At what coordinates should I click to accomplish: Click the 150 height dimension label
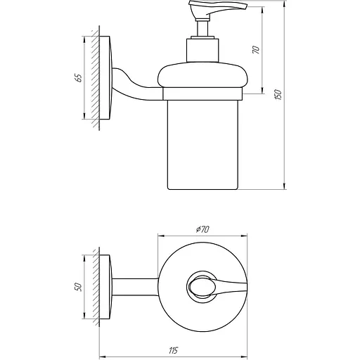point(278,95)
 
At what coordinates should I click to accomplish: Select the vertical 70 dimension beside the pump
point(257,51)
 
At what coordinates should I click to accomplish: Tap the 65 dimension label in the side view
point(77,76)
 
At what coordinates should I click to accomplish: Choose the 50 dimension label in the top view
point(77,286)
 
